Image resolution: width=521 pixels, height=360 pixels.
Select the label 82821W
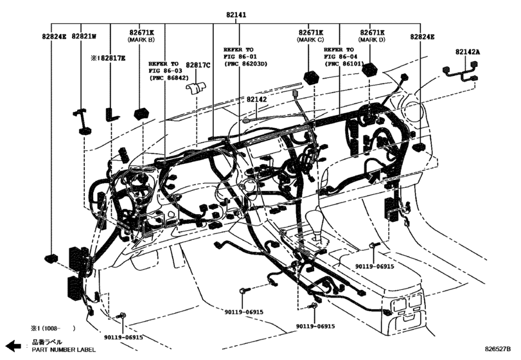point(84,37)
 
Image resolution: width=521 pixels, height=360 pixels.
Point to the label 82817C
point(199,65)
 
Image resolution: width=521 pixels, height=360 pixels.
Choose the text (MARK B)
point(141,40)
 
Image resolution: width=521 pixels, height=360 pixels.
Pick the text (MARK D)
point(372,40)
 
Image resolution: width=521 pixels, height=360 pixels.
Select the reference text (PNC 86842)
point(169,78)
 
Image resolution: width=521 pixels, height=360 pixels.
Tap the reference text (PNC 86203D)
point(244,64)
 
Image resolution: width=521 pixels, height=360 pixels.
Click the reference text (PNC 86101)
point(345,64)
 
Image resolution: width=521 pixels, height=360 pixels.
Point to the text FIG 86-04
point(339,57)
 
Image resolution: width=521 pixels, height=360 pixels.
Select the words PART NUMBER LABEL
point(60,350)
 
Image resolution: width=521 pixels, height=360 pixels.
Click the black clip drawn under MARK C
point(312,75)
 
